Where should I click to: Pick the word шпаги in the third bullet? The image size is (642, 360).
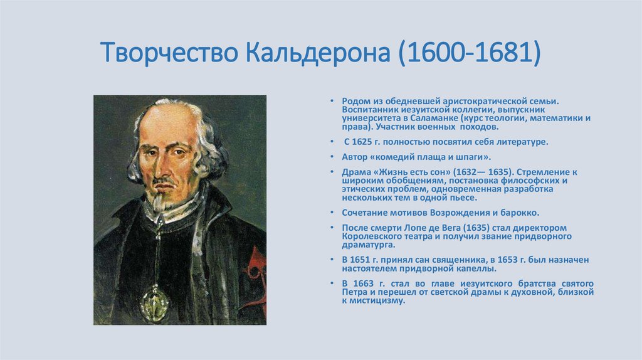pos(468,157)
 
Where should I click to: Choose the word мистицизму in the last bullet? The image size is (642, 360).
pos(377,300)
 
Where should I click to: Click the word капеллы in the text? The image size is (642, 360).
pos(477,268)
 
